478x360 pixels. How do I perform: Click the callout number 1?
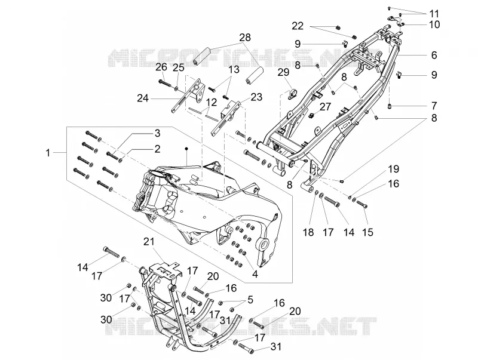[48, 153]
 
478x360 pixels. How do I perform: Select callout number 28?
[245, 38]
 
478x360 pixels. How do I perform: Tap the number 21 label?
[149, 242]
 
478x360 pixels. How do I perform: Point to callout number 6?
[434, 55]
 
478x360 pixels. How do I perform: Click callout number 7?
[434, 106]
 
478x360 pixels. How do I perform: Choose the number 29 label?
[283, 72]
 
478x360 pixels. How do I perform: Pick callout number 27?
[325, 107]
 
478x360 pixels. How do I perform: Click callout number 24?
[143, 99]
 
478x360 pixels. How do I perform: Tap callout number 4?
[255, 274]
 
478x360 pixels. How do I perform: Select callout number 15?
[368, 232]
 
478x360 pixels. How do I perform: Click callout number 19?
[394, 169]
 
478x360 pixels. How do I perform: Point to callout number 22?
[298, 26]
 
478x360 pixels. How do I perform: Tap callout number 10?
[434, 24]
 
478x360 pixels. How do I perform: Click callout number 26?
[161, 67]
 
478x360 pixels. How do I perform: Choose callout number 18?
[308, 232]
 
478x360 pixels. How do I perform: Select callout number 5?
[250, 299]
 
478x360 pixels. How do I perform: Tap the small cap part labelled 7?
[390, 106]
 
